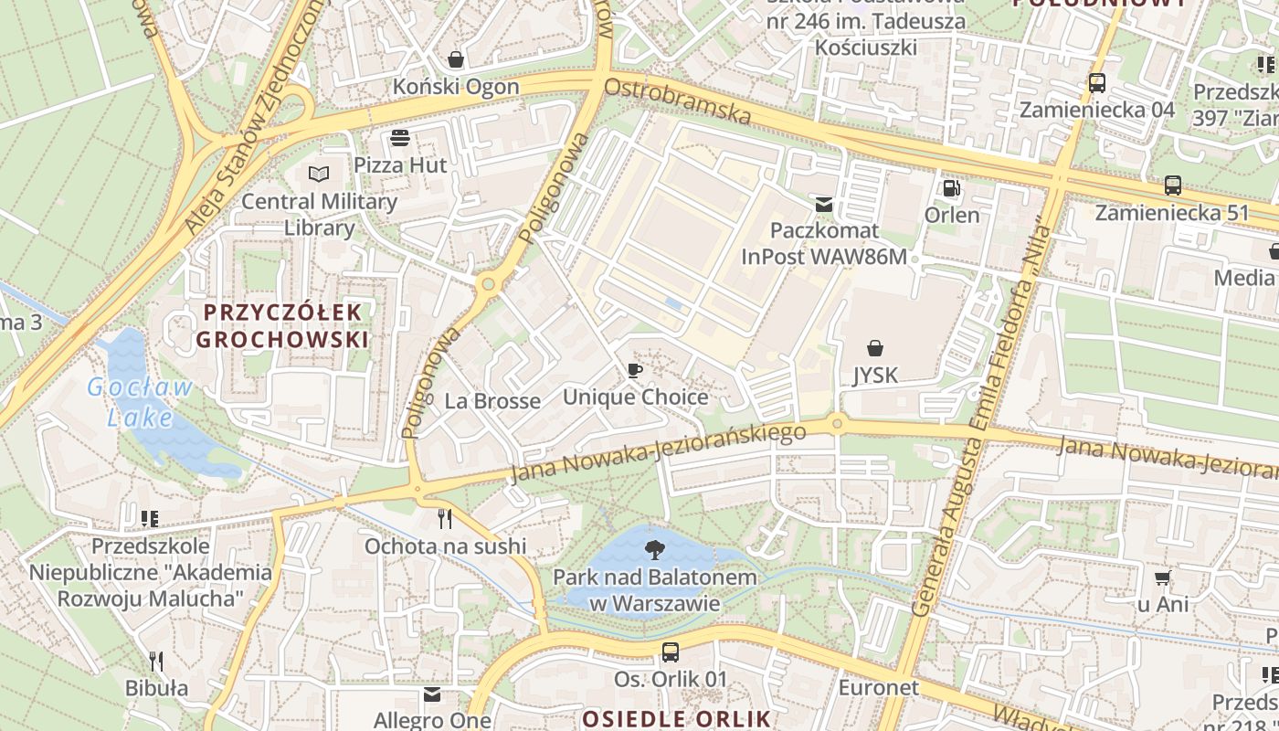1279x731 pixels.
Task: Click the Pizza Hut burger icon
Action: [399, 138]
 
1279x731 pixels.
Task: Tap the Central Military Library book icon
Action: [318, 174]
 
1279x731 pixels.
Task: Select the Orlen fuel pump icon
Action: [951, 188]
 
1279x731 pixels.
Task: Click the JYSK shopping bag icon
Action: [875, 348]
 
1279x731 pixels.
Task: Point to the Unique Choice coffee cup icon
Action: [635, 370]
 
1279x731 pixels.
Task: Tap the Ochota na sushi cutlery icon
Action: [445, 519]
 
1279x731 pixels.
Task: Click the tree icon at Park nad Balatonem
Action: [654, 550]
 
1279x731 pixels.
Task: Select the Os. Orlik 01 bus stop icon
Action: [671, 652]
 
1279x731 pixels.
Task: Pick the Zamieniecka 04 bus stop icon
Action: [1096, 83]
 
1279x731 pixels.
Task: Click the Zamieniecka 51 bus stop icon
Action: [1173, 185]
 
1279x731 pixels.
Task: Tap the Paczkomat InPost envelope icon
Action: [824, 204]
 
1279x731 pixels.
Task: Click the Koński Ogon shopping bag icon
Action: [455, 60]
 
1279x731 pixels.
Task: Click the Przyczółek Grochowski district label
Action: [282, 325]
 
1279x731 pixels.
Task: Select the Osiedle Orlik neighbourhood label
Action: [676, 718]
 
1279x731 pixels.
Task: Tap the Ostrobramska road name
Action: [677, 102]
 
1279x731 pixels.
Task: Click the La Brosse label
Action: [492, 401]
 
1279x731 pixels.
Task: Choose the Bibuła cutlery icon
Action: [156, 661]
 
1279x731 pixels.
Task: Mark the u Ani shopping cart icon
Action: [1162, 577]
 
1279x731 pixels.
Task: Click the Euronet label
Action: [878, 687]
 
